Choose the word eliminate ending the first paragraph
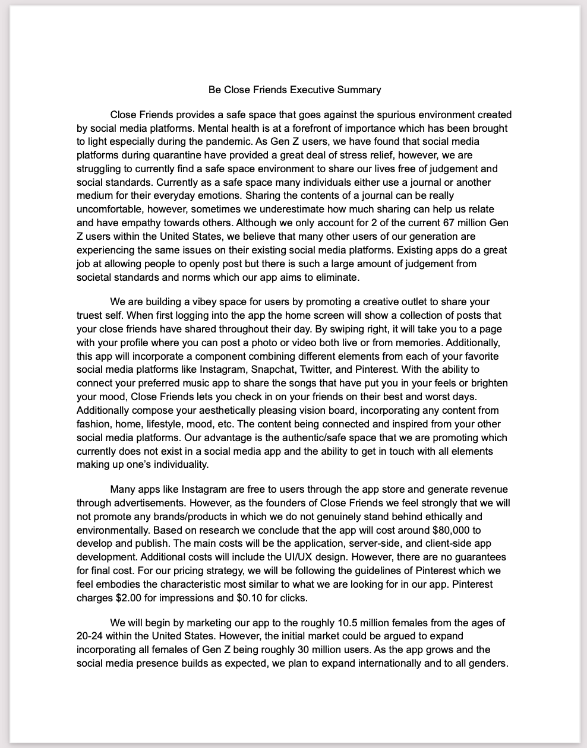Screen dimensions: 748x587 (336, 277)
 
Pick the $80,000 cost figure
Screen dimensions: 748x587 (452, 530)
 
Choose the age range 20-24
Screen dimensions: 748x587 (90, 636)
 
